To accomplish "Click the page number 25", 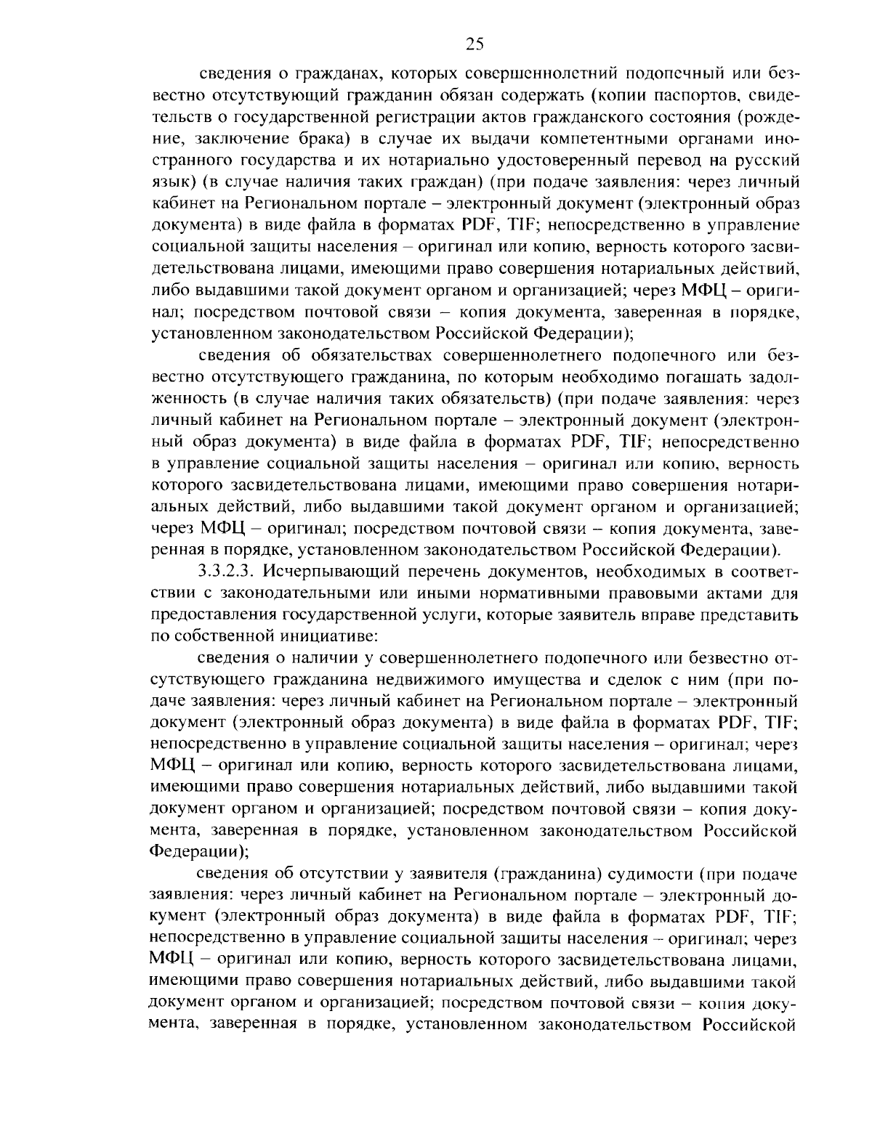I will (474, 44).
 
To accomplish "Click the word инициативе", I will (322, 637).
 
